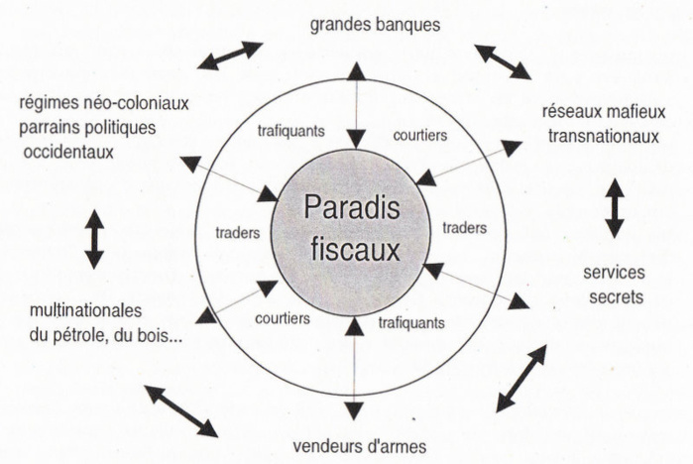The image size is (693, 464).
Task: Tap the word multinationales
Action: (87, 311)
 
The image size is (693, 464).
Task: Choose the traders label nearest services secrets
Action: (466, 227)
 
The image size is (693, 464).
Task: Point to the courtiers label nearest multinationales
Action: (283, 318)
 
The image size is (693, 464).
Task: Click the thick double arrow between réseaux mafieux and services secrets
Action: (614, 207)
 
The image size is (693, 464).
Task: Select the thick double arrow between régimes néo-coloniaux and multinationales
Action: (94, 238)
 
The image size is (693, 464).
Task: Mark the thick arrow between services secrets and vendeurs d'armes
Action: (521, 378)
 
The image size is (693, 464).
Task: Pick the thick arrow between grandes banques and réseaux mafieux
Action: (503, 61)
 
